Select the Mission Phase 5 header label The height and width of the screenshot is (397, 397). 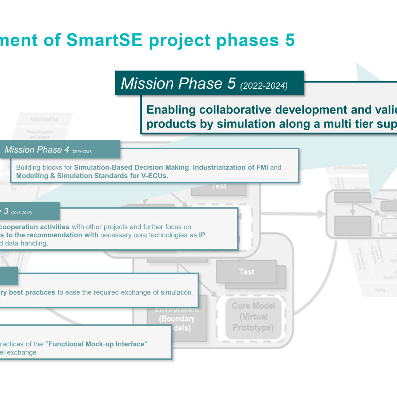[x=178, y=83]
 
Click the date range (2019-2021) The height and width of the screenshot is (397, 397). [x=82, y=151]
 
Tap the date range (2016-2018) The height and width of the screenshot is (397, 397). [x=21, y=213]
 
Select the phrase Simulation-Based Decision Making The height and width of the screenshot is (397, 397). [x=131, y=167]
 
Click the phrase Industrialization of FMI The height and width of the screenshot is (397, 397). [x=230, y=167]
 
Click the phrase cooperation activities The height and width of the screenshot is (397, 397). [x=35, y=227]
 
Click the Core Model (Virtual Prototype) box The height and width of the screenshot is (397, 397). [x=253, y=317]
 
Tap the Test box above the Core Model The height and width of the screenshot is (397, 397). [x=247, y=272]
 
